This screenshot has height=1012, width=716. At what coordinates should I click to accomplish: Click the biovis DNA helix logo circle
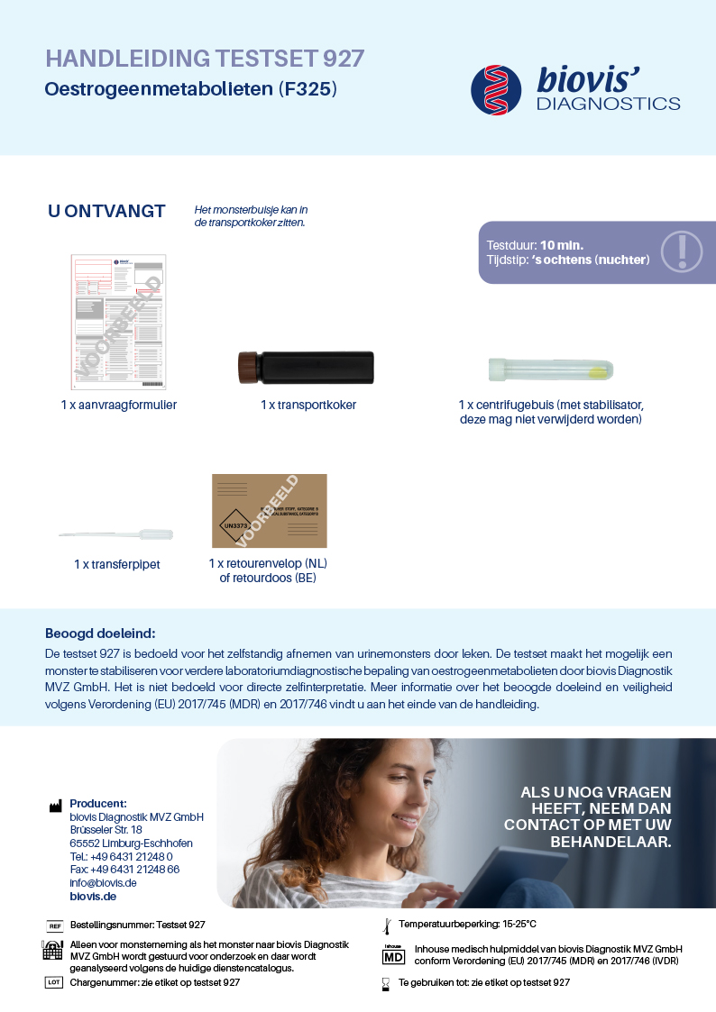(496, 89)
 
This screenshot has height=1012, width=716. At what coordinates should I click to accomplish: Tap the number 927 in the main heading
(344, 59)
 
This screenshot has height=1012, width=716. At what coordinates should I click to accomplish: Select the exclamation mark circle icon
(682, 252)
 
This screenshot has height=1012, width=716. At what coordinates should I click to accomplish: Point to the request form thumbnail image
(118, 322)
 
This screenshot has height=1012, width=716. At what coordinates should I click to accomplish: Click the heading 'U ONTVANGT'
(106, 212)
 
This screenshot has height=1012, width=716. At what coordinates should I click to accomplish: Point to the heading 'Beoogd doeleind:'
(100, 634)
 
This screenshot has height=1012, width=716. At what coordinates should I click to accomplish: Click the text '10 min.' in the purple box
(562, 245)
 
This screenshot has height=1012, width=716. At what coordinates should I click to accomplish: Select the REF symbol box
(54, 925)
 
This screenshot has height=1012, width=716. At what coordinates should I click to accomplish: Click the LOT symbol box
(54, 982)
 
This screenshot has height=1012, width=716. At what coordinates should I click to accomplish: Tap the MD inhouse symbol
(394, 955)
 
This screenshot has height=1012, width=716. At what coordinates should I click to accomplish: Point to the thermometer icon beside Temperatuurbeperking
(386, 925)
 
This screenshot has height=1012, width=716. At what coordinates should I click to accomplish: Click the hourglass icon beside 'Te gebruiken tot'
(386, 983)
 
